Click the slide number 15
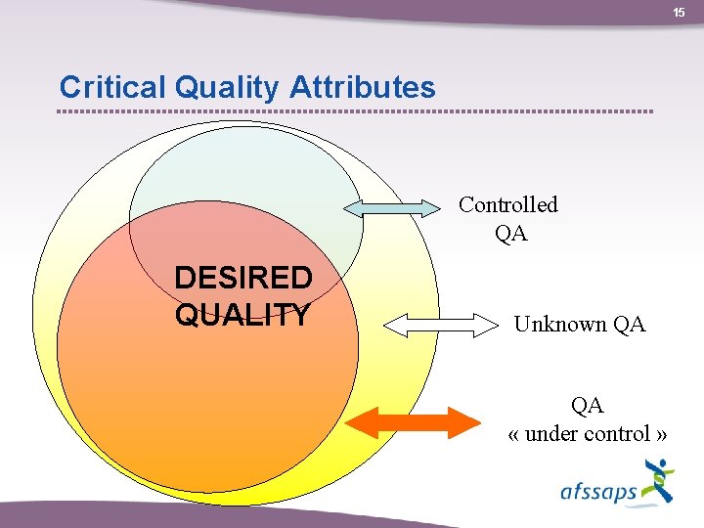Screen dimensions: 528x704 678,12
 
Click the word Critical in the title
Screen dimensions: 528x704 113,88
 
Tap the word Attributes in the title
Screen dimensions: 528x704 363,88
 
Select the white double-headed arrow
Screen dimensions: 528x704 440,324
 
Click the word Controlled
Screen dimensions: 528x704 508,204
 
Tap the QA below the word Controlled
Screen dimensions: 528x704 510,233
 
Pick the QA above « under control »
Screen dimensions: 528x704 588,405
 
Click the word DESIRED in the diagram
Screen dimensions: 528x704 243,279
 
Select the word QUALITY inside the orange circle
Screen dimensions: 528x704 242,315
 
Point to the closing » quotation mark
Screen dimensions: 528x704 662,434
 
